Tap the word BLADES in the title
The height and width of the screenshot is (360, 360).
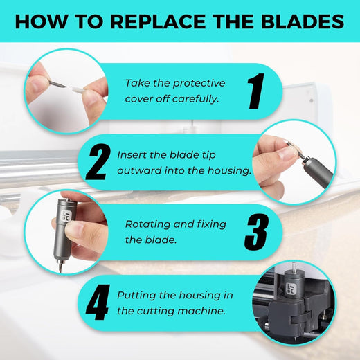[303, 21]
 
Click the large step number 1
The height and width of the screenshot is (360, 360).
[256, 91]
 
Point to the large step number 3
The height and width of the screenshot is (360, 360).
[257, 232]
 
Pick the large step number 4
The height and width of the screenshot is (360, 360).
[98, 302]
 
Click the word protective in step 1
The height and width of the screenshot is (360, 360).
[199, 84]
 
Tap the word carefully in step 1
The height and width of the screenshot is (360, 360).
[195, 99]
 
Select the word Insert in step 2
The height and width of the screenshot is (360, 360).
[132, 155]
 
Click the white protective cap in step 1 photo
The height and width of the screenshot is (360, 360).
[79, 89]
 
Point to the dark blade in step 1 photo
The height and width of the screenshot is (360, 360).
[57, 84]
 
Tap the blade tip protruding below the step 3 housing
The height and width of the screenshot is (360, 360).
[60, 267]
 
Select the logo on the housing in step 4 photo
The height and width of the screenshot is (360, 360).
[290, 289]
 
